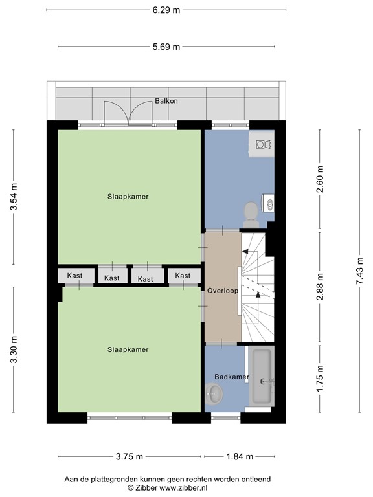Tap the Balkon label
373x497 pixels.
click(166, 101)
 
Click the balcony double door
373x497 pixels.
click(130, 113)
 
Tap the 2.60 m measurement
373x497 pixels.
click(320, 179)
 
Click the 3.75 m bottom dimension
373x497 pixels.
click(130, 456)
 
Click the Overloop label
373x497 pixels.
click(223, 291)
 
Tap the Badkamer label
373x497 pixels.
click(232, 377)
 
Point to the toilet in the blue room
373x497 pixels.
click(250, 211)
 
